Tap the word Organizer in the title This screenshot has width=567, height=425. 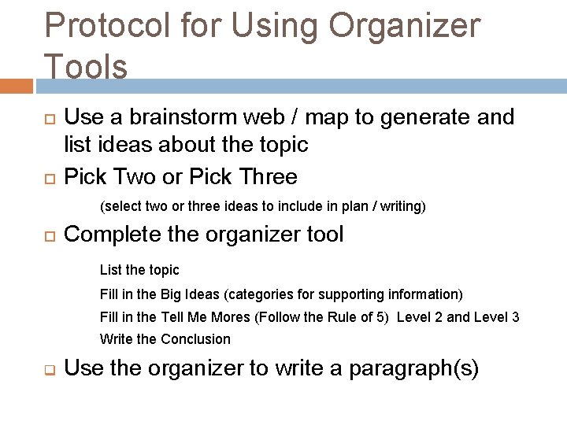pos(403,25)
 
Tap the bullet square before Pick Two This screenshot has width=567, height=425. pos(47,177)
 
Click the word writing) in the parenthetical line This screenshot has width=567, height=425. pos(398,207)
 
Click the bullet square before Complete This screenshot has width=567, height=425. pos(47,235)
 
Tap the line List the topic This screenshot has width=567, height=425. pos(139,270)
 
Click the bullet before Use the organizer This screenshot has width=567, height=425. pos(47,369)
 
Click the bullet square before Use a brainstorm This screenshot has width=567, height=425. pos(47,118)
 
